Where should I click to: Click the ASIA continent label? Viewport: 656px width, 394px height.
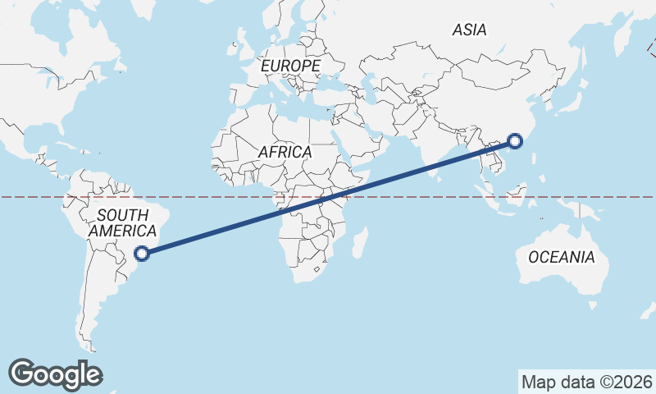click(470, 30)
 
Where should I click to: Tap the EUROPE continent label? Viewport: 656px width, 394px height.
click(290, 65)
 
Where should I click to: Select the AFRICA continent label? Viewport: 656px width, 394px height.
click(285, 152)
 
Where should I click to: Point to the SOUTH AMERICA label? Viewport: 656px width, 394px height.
click(122, 223)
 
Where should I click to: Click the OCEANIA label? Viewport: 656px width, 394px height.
click(562, 258)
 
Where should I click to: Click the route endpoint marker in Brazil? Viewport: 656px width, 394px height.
click(142, 254)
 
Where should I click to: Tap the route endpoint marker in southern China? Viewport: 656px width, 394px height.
click(515, 140)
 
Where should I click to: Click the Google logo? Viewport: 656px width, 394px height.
click(55, 374)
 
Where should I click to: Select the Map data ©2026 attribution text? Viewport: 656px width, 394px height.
click(587, 382)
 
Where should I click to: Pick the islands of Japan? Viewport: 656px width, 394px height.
click(565, 99)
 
